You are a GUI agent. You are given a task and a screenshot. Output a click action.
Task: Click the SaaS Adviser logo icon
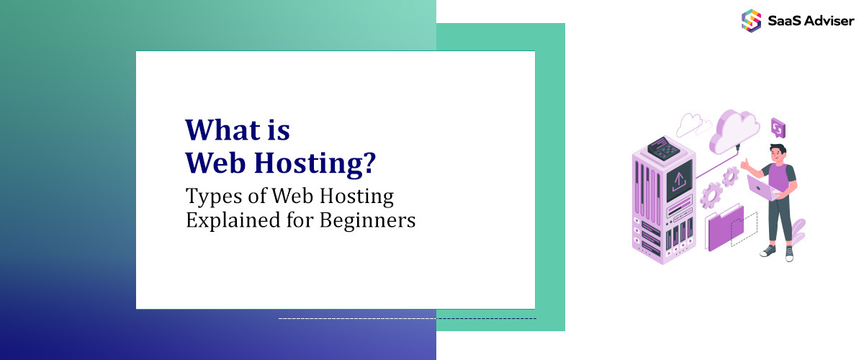coord(751,19)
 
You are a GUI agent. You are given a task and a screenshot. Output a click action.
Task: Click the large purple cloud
coord(735,130)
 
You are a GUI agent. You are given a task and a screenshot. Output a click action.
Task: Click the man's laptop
coord(761,189)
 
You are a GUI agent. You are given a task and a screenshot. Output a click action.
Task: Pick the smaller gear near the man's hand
coord(730,175)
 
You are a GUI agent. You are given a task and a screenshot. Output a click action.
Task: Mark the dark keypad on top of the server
coord(662,148)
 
